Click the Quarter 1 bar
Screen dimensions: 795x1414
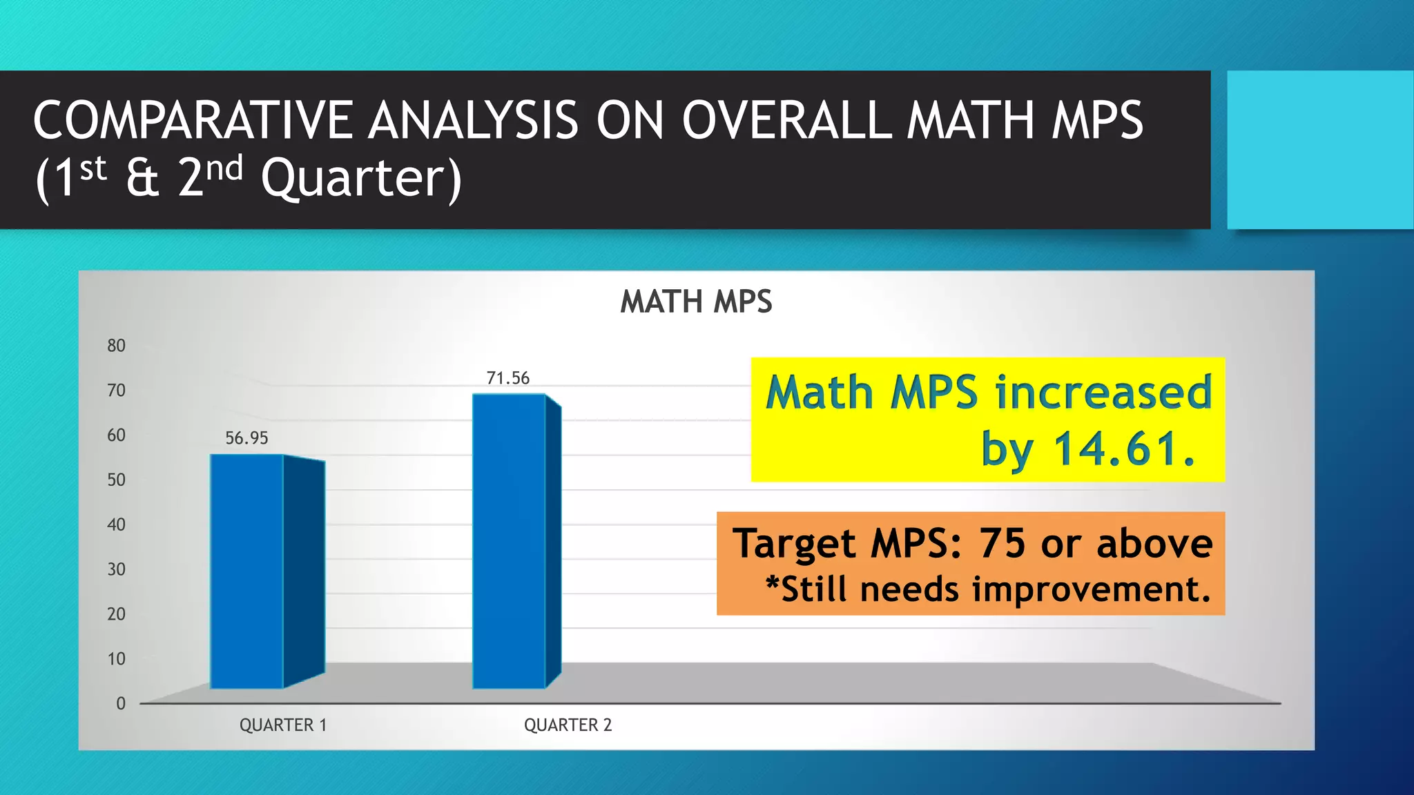[x=247, y=571]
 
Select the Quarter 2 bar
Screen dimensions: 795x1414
[x=510, y=541]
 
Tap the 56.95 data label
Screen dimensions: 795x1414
[x=246, y=438]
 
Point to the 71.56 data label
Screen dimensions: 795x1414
[x=508, y=378]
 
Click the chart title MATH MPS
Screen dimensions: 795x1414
[x=696, y=302]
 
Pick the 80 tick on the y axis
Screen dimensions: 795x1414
[x=116, y=346]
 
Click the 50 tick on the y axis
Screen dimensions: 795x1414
[x=116, y=480]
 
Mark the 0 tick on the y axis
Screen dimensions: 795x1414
[x=121, y=704]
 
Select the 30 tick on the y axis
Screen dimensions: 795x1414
[x=116, y=569]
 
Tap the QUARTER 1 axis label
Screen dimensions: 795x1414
[x=283, y=725]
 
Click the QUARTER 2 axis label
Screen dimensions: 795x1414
[x=568, y=725]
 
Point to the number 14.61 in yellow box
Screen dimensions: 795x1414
[x=1123, y=449]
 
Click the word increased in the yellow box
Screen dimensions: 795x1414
[x=1103, y=392]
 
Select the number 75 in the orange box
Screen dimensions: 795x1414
[x=1002, y=544]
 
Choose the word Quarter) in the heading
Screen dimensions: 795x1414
[x=361, y=178]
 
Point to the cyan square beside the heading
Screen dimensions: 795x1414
[x=1319, y=150]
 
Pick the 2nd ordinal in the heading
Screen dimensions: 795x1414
[x=210, y=176]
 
